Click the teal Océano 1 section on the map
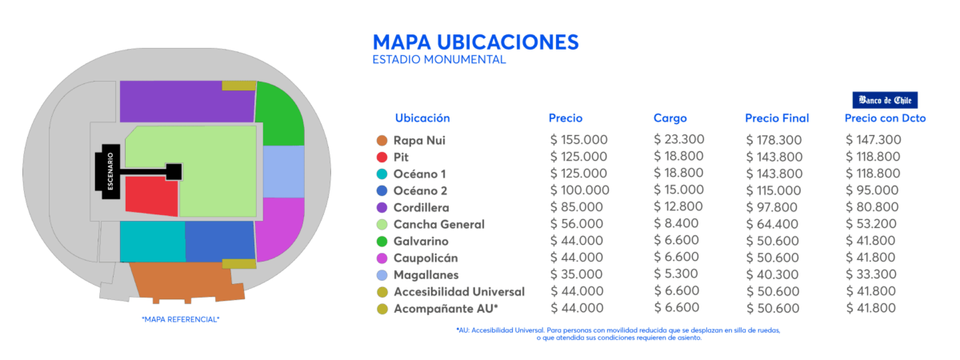point(152,241)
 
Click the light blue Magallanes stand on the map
point(283,171)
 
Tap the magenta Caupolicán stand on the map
point(279,227)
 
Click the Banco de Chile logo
point(885,100)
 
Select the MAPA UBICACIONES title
point(475,42)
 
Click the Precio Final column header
point(777,118)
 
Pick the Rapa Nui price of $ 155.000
point(579,140)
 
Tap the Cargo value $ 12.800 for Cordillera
point(678,207)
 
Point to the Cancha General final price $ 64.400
point(774,225)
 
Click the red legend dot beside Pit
point(382,158)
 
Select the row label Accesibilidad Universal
point(458,291)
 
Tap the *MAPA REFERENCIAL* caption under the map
point(180,319)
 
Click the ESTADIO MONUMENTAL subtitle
point(439,60)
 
